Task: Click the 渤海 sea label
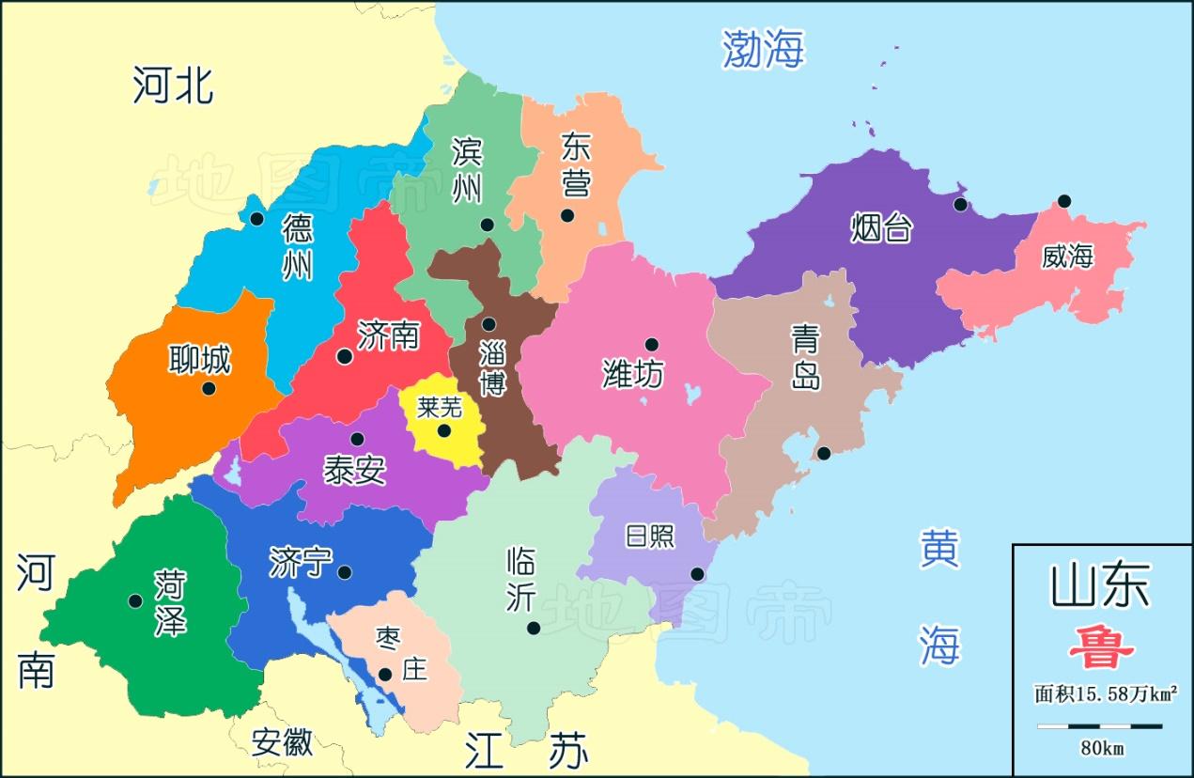coord(763,48)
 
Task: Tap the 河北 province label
coord(173,85)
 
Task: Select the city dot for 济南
coord(345,356)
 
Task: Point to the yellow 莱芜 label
coord(440,407)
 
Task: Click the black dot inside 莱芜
coord(444,431)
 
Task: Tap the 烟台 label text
coord(881,227)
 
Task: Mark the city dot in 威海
coord(1063,201)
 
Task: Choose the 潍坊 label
coord(632,374)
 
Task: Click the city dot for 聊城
coord(209,388)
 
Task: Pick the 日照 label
coord(650,536)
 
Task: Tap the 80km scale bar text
coord(1102,748)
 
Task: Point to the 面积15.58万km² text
coord(1106,694)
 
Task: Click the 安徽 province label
coord(282,742)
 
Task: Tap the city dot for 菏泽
coord(135,600)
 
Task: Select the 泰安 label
coord(354,469)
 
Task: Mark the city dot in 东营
coord(567,215)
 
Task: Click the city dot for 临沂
coord(534,628)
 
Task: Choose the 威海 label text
coord(1067,256)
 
